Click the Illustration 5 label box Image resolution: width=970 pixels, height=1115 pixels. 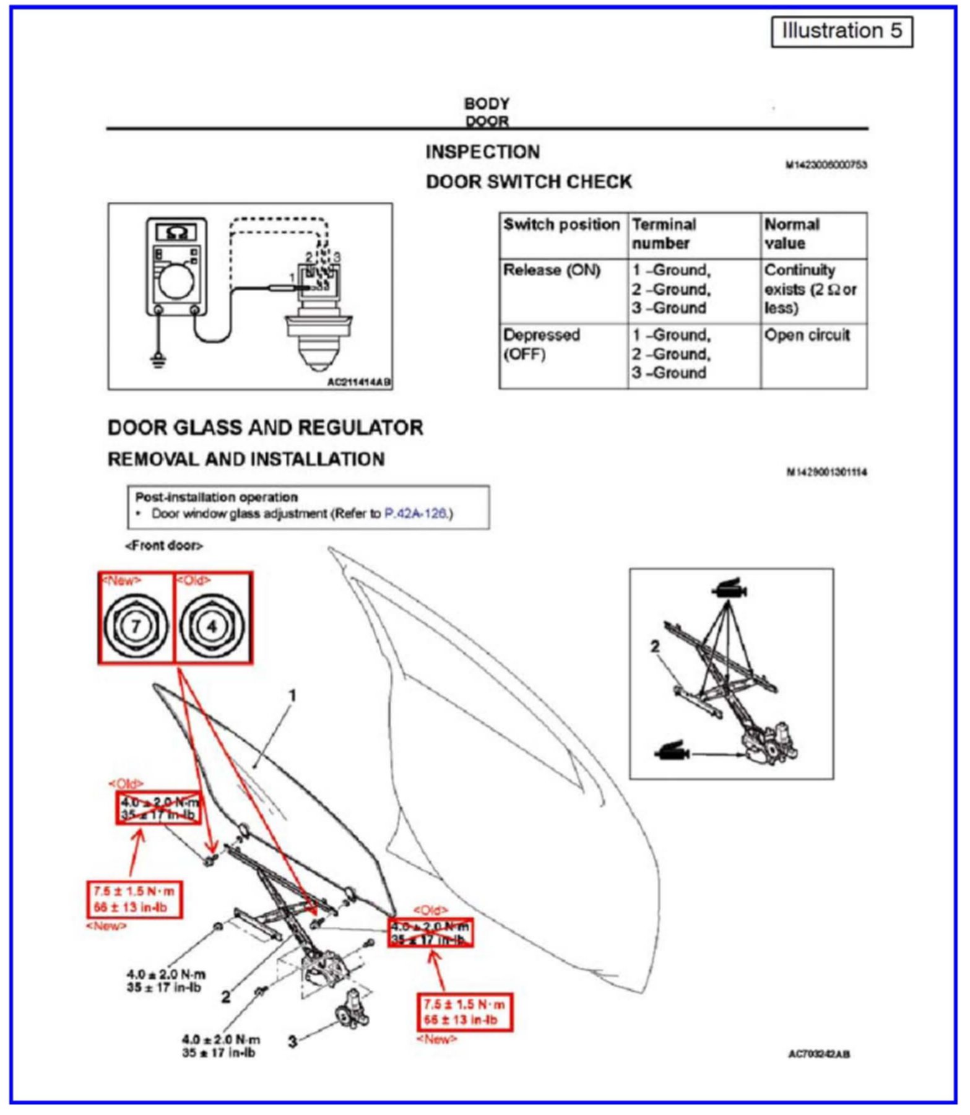point(841,31)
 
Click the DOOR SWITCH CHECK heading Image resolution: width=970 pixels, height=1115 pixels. point(529,182)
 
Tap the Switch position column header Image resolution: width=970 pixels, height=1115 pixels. point(561,225)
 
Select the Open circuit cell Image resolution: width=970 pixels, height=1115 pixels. point(807,336)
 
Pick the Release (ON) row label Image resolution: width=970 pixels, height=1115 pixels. point(552,271)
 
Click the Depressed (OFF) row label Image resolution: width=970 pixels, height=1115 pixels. point(541,344)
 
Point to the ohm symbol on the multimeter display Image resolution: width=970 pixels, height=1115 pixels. point(176,233)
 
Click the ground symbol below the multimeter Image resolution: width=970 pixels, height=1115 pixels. point(159,360)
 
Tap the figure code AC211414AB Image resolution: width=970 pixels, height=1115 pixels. point(359,382)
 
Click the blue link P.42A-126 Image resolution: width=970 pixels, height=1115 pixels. point(415,513)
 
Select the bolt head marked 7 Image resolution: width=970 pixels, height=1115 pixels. point(136,626)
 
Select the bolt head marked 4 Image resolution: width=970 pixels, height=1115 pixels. point(212,626)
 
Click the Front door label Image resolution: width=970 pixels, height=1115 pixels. point(164,545)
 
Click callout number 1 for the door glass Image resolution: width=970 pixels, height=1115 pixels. point(293,696)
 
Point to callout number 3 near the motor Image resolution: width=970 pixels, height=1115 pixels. point(293,1041)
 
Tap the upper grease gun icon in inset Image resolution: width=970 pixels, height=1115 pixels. point(729,588)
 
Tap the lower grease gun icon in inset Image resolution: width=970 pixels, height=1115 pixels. point(672,752)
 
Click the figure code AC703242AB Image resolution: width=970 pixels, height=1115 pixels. point(818,1054)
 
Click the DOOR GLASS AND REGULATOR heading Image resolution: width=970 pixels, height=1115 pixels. point(266,428)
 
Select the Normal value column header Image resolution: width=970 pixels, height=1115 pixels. point(792,233)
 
